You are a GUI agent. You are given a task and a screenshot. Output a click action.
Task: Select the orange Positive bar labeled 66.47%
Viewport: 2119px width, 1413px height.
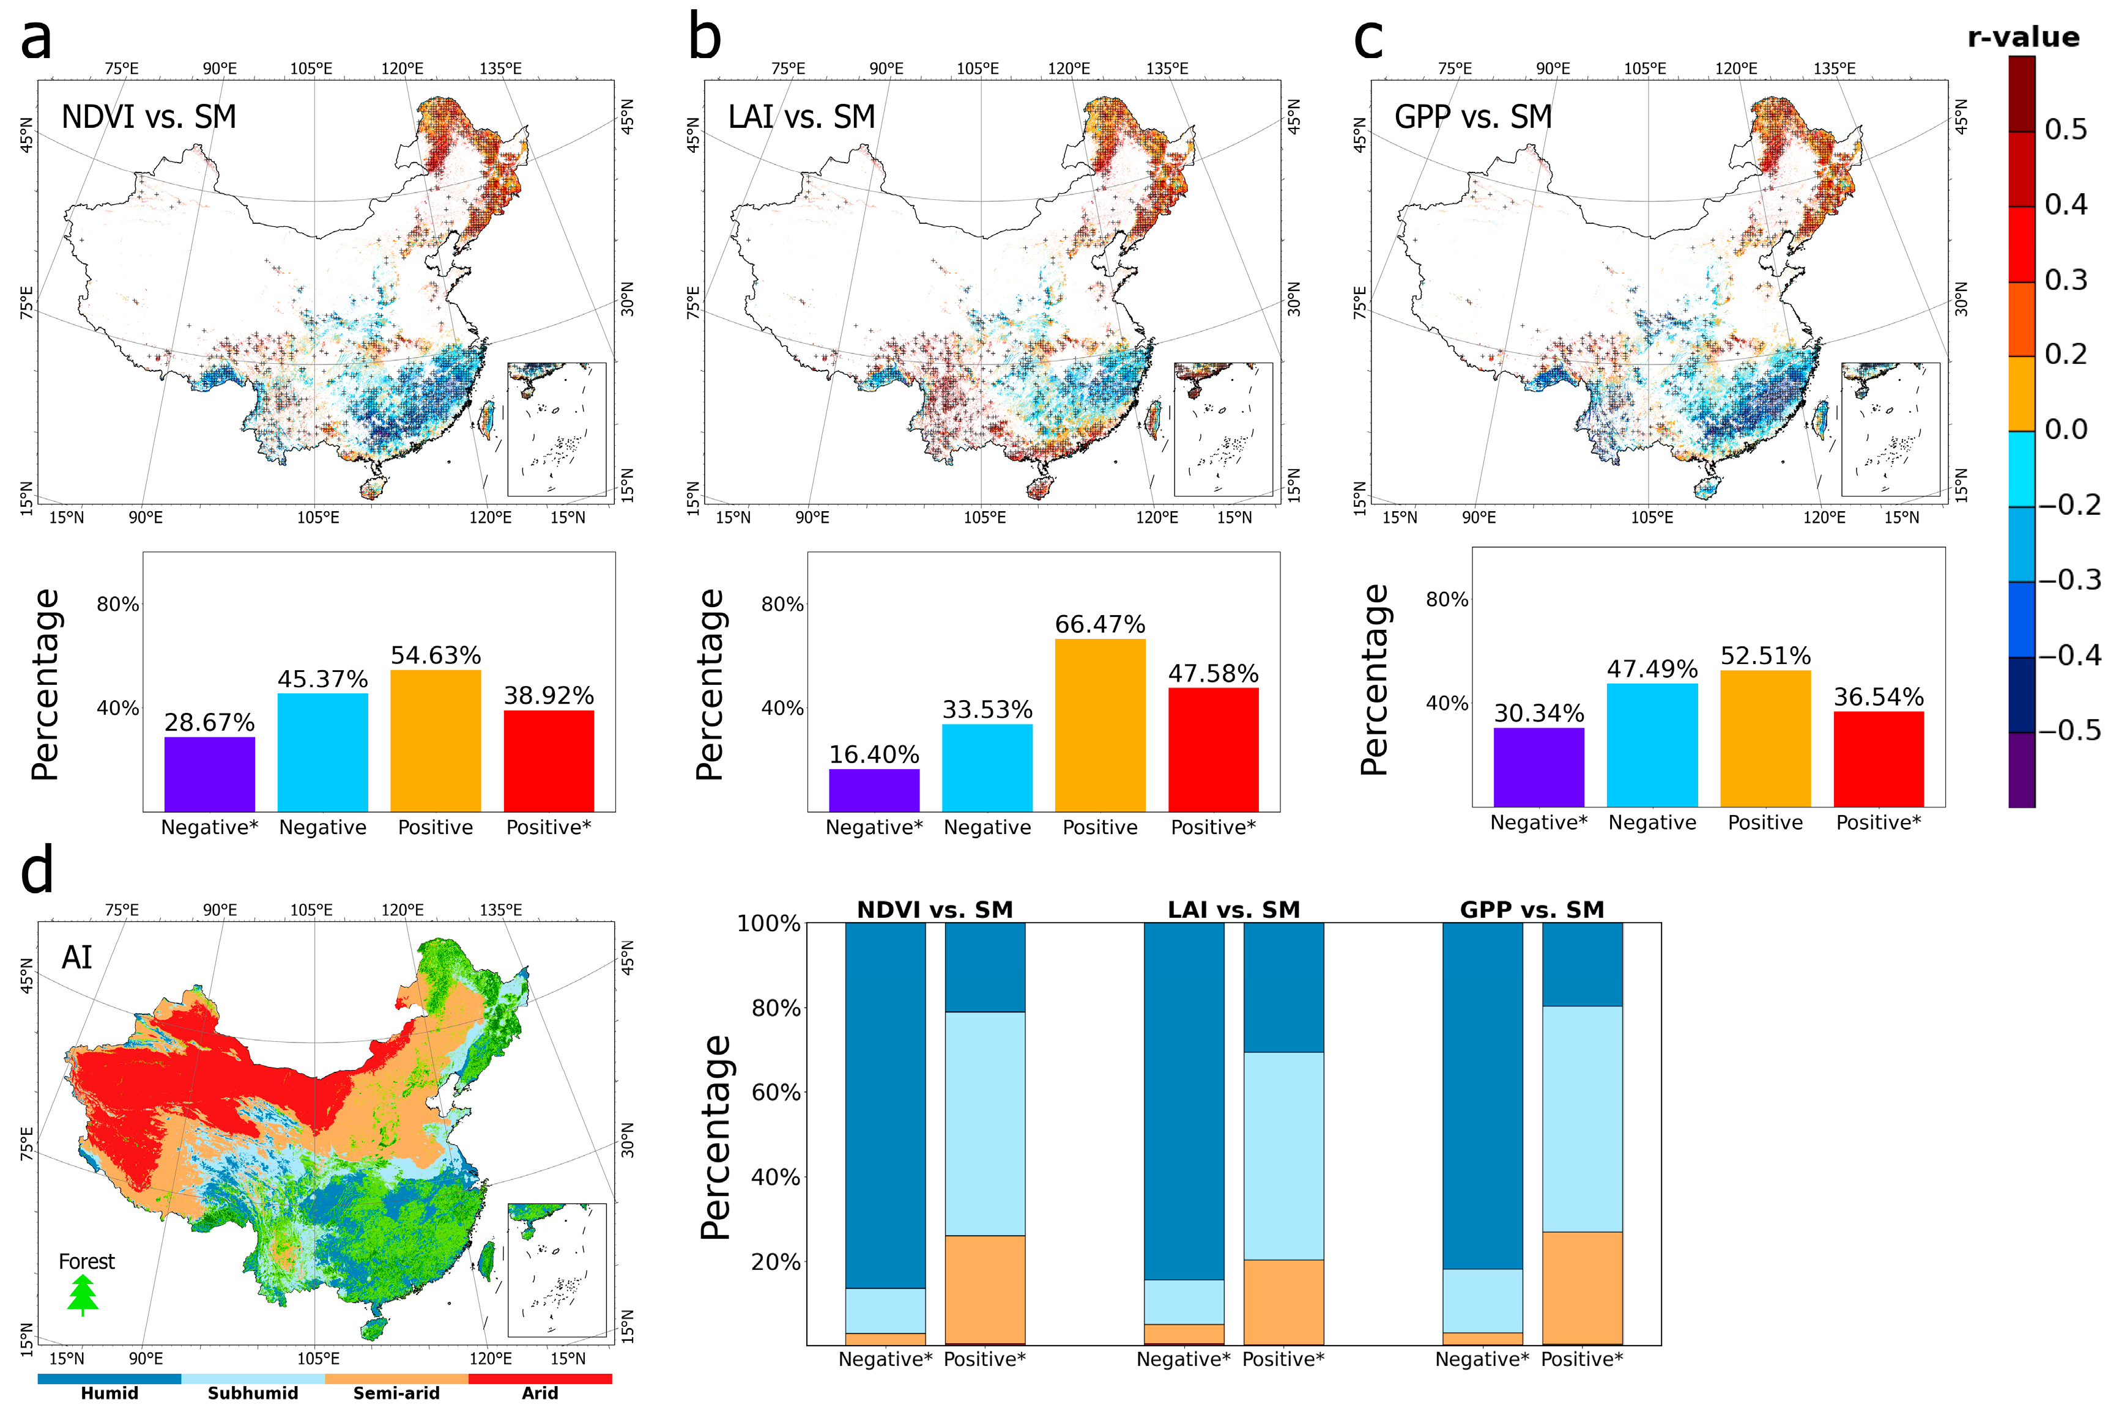1100,725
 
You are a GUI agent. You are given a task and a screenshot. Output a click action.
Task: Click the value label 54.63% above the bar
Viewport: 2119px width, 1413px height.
436,655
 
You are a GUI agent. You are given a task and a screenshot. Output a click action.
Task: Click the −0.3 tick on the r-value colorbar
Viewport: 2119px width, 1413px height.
2068,580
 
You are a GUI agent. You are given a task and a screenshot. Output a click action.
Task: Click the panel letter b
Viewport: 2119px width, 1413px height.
704,38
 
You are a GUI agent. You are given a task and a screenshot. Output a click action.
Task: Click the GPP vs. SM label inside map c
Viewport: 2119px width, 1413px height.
1473,117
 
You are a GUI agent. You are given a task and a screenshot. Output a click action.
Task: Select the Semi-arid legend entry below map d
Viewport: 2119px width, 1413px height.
396,1392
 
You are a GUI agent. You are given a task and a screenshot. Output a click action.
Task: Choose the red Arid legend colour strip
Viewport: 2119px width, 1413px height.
540,1379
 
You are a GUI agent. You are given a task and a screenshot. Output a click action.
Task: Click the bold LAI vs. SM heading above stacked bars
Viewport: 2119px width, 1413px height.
1233,909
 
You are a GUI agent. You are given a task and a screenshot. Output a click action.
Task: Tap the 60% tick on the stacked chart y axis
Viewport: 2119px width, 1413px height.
775,1092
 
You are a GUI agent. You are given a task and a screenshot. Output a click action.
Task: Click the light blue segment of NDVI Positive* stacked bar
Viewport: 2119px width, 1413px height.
984,1123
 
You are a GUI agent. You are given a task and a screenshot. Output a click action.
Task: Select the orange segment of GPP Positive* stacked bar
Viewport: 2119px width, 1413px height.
1582,1287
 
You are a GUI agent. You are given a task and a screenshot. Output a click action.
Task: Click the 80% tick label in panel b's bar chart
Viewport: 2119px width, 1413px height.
781,605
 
